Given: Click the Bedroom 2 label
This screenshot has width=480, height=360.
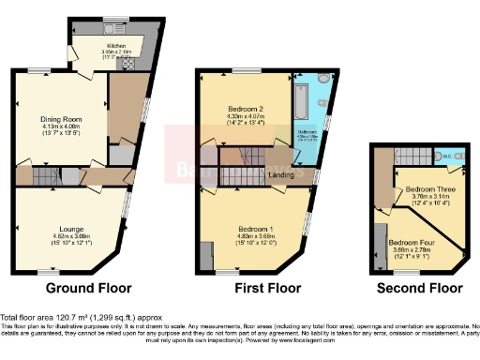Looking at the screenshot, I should pyautogui.click(x=247, y=110).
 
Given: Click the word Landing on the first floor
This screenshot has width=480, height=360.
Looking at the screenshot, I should pyautogui.click(x=278, y=174).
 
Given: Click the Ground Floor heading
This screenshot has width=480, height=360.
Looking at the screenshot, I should pyautogui.click(x=88, y=288).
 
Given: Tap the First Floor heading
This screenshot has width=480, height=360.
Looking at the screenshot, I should pyautogui.click(x=256, y=288).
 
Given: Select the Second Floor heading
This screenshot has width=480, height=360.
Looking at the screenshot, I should pyautogui.click(x=419, y=288).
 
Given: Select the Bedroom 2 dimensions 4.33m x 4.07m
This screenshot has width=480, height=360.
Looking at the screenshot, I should pyautogui.click(x=246, y=116).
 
